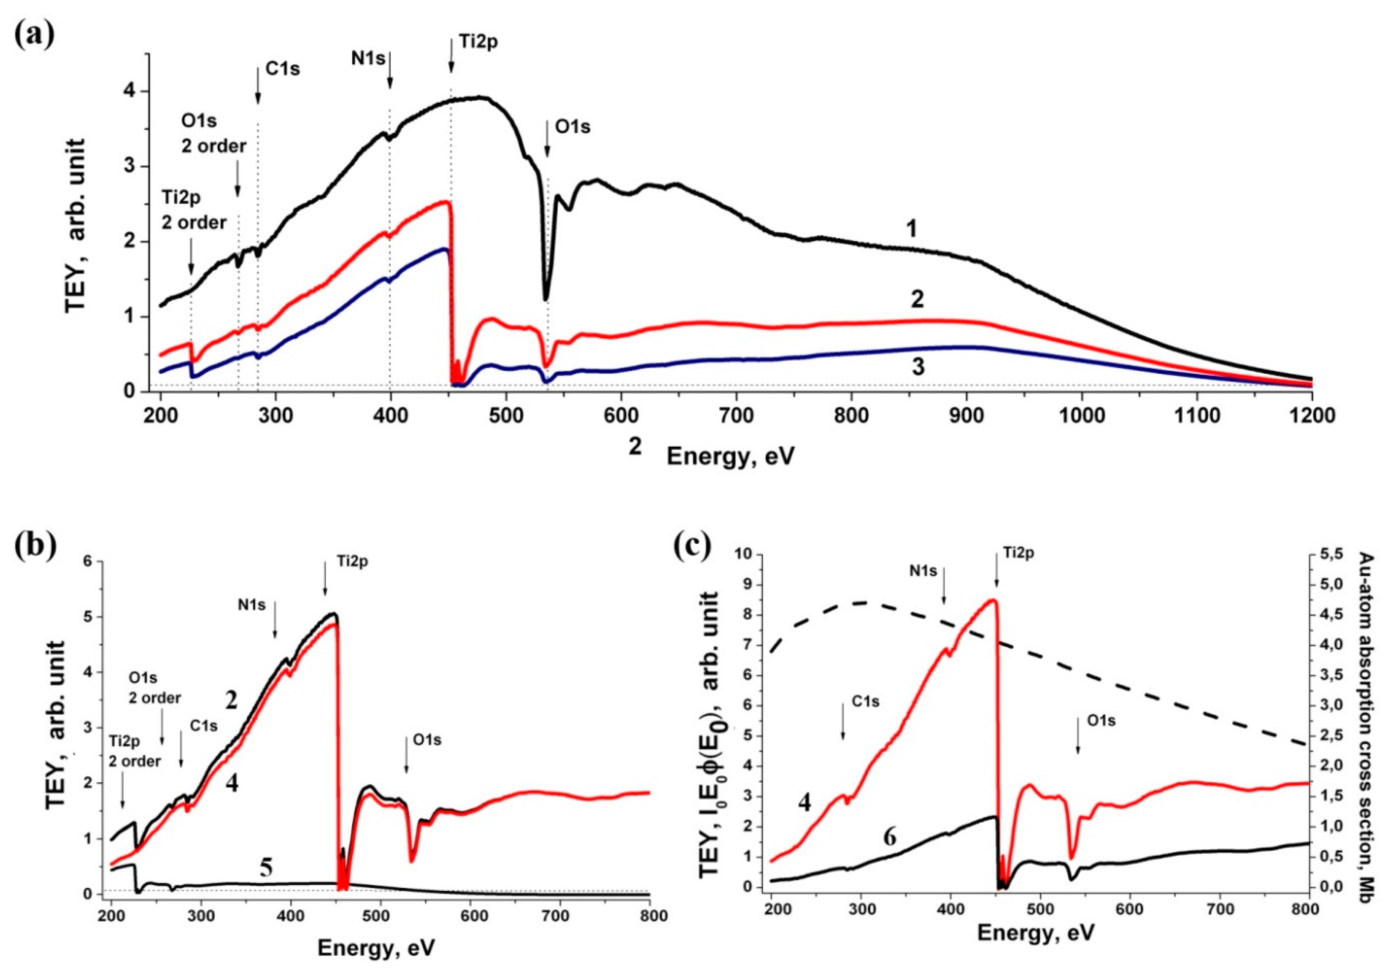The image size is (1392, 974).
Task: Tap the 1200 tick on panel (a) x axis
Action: pos(1312,416)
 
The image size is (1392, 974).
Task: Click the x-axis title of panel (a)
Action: pos(730,456)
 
